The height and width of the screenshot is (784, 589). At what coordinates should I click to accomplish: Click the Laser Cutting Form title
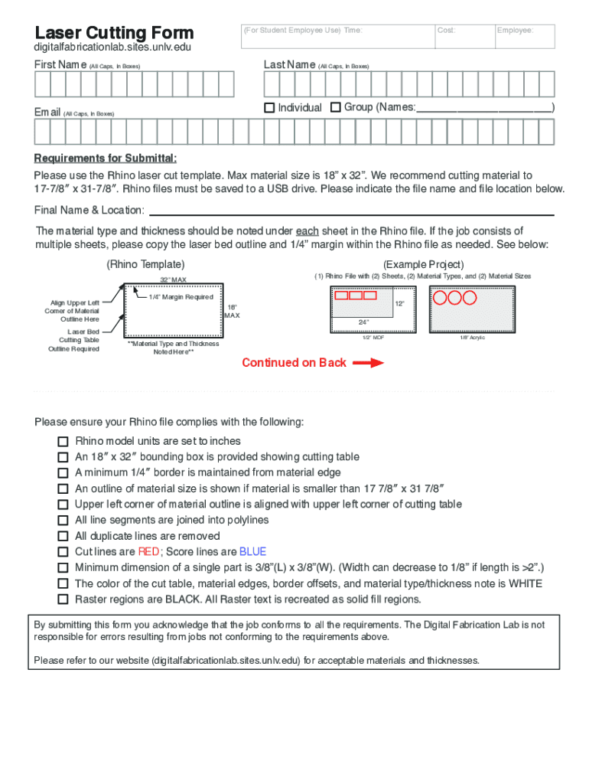click(114, 32)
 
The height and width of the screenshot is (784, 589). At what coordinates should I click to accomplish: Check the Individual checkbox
click(269, 108)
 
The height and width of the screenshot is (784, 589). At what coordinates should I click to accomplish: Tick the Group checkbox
click(335, 108)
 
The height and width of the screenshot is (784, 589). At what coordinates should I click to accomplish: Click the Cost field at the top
click(463, 36)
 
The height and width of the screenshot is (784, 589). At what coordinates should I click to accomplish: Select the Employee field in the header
click(525, 36)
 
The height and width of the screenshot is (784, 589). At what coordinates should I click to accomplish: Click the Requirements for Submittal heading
click(106, 158)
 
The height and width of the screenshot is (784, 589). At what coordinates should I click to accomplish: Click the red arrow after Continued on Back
click(368, 363)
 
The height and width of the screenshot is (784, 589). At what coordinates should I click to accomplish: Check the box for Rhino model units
click(63, 442)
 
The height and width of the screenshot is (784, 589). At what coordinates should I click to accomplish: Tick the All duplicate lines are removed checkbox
click(63, 537)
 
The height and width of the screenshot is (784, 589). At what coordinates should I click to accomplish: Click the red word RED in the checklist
click(148, 552)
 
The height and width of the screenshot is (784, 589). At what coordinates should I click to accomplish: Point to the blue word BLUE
click(252, 552)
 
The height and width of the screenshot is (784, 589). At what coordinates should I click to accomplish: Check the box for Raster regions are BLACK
click(63, 599)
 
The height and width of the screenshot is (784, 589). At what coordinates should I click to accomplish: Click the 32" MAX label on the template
click(173, 279)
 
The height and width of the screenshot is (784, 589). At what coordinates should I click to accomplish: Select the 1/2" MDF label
click(373, 338)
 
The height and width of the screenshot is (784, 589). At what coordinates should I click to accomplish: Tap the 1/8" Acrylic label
click(472, 338)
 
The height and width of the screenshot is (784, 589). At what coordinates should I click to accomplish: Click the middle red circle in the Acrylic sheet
click(455, 297)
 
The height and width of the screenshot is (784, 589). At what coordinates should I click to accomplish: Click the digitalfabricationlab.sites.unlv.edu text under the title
click(112, 47)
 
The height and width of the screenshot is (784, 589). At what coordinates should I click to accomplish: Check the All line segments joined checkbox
click(63, 521)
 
